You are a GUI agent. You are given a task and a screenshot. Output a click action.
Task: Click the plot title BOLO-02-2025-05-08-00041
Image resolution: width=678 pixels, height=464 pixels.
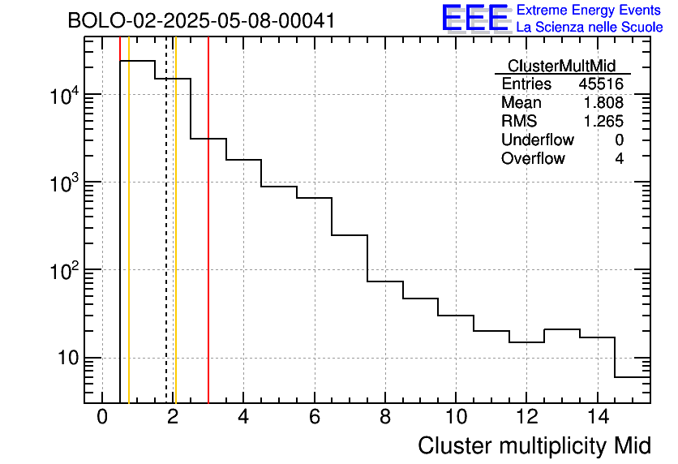click(x=201, y=21)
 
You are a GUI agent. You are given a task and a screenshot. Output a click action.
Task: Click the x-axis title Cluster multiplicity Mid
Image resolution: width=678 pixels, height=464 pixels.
click(x=534, y=445)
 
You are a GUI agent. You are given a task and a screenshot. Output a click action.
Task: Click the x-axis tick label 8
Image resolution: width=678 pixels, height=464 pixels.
click(x=384, y=417)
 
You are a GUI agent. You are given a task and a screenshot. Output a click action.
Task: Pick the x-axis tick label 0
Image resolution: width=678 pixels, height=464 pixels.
click(x=102, y=417)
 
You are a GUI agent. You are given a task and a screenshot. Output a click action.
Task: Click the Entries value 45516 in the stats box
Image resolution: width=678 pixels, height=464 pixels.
click(x=601, y=84)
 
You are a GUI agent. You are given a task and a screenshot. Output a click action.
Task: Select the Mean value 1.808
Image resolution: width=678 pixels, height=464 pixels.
click(x=603, y=103)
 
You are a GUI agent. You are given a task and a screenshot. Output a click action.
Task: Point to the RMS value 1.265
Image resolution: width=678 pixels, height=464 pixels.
click(x=603, y=122)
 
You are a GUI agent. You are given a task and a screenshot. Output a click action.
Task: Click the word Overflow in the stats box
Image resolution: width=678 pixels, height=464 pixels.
click(x=533, y=159)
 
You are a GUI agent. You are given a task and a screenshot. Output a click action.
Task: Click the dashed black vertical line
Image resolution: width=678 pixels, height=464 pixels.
click(x=166, y=243)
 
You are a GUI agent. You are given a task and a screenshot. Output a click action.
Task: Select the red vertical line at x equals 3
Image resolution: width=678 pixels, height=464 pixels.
click(x=208, y=243)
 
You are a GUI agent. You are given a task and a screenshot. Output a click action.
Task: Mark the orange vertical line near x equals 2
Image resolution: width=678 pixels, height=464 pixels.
click(x=175, y=243)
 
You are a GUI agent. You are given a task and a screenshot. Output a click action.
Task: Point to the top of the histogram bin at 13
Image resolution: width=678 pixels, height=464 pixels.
click(x=561, y=329)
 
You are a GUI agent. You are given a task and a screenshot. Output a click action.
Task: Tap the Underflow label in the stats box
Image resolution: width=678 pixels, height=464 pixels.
click(x=538, y=140)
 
